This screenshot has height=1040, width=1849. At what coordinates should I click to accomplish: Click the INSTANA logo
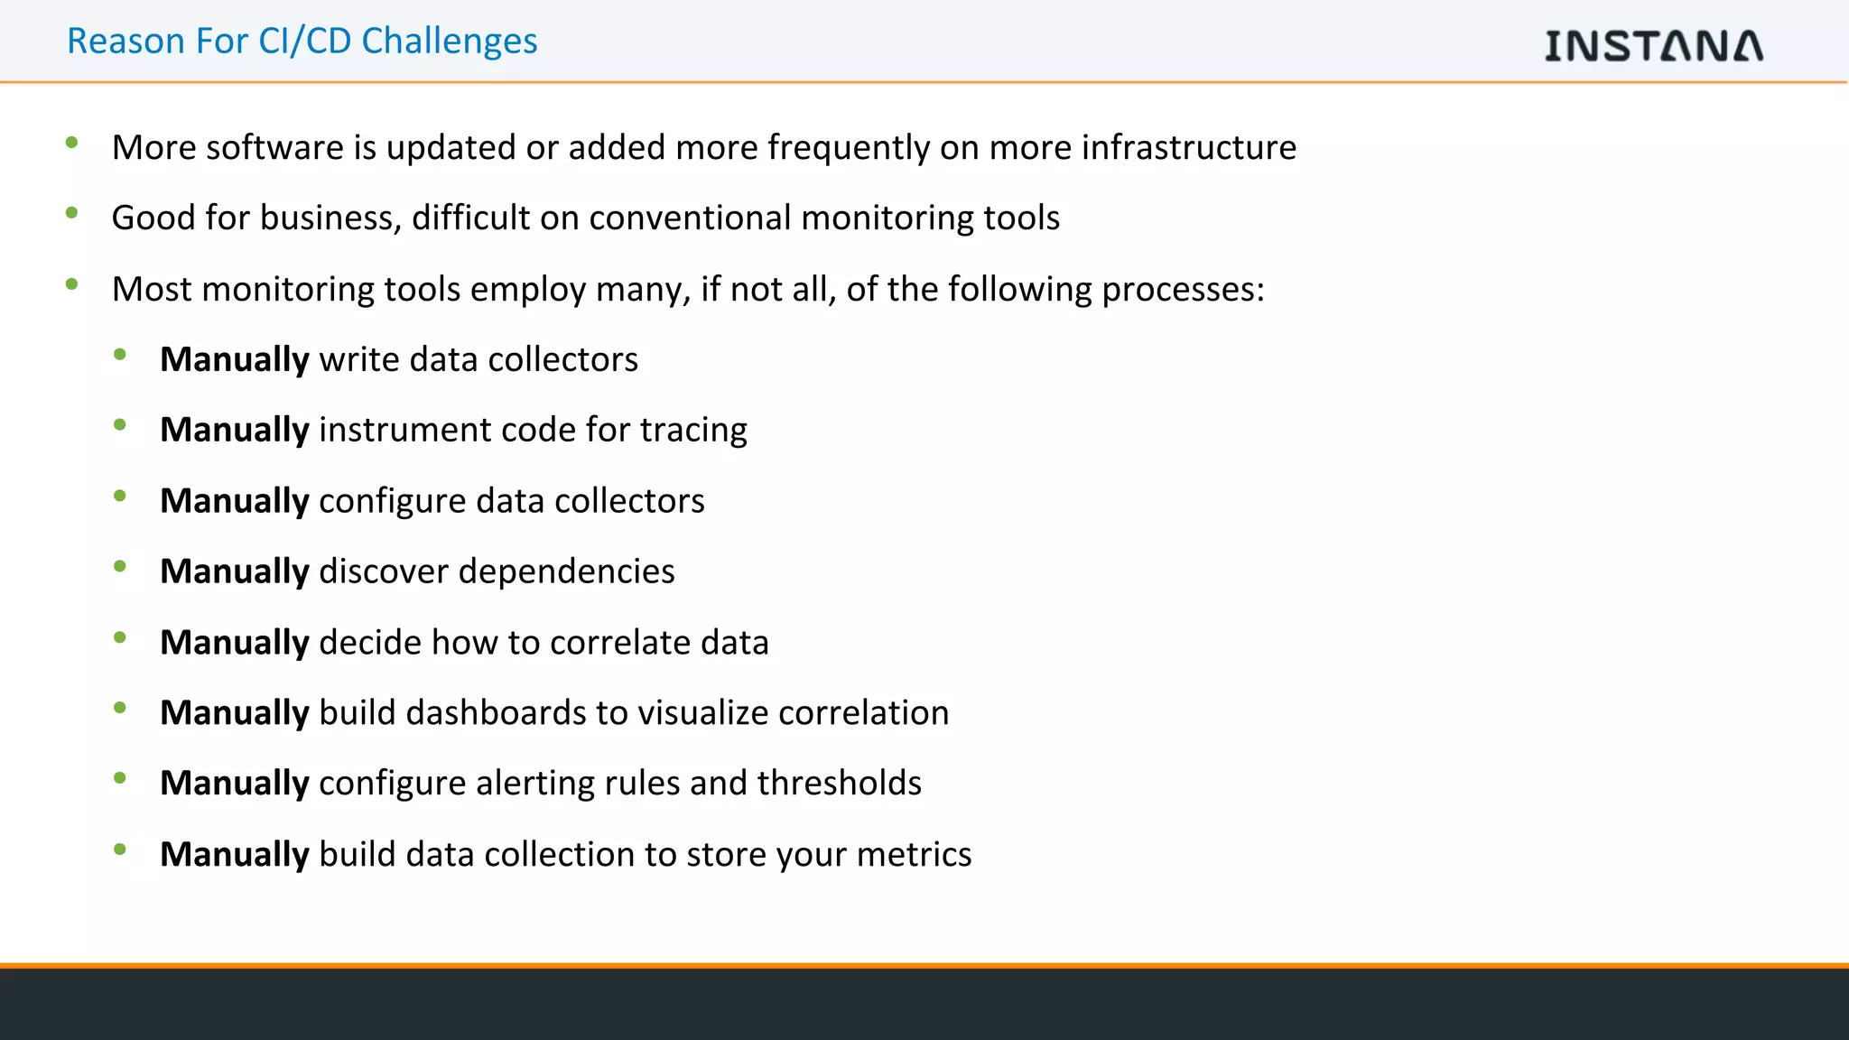[1653, 45]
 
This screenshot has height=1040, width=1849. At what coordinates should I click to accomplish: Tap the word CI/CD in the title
[304, 42]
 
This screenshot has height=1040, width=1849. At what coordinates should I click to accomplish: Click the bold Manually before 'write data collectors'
[235, 359]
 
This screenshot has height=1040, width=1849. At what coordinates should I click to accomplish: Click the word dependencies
[566, 571]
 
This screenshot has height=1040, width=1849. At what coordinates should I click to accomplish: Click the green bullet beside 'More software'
[72, 142]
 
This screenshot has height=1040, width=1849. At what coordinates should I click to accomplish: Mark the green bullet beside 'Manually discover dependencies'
[120, 567]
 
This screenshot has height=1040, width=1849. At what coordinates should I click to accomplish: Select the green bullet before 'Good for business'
[72, 213]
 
